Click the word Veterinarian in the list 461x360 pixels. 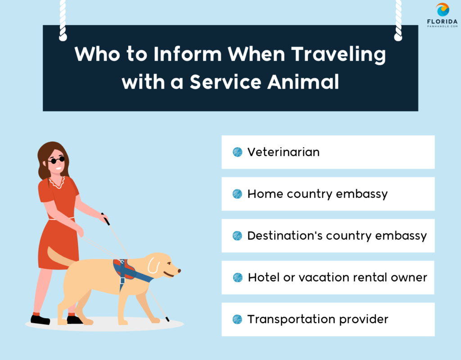pyautogui.click(x=284, y=152)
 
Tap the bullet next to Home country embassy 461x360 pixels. pyautogui.click(x=237, y=194)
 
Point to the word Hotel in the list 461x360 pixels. pyautogui.click(x=264, y=277)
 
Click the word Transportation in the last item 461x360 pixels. pyautogui.click(x=291, y=319)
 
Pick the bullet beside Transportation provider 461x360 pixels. pyautogui.click(x=237, y=319)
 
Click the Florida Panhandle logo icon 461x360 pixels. pyautogui.click(x=443, y=10)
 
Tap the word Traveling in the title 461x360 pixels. pyautogui.click(x=339, y=55)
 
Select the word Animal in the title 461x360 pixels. pyautogui.click(x=303, y=82)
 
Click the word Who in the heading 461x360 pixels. pyautogui.click(x=97, y=54)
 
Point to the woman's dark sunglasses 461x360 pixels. pyautogui.click(x=56, y=160)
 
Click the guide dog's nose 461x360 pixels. pyautogui.click(x=179, y=270)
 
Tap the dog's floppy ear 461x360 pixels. pyautogui.click(x=153, y=265)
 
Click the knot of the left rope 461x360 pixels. pyautogui.click(x=63, y=37)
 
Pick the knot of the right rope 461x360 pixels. pyautogui.click(x=398, y=37)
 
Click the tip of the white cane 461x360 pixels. pyautogui.click(x=168, y=320)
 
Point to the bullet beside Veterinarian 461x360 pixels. pyautogui.click(x=237, y=152)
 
